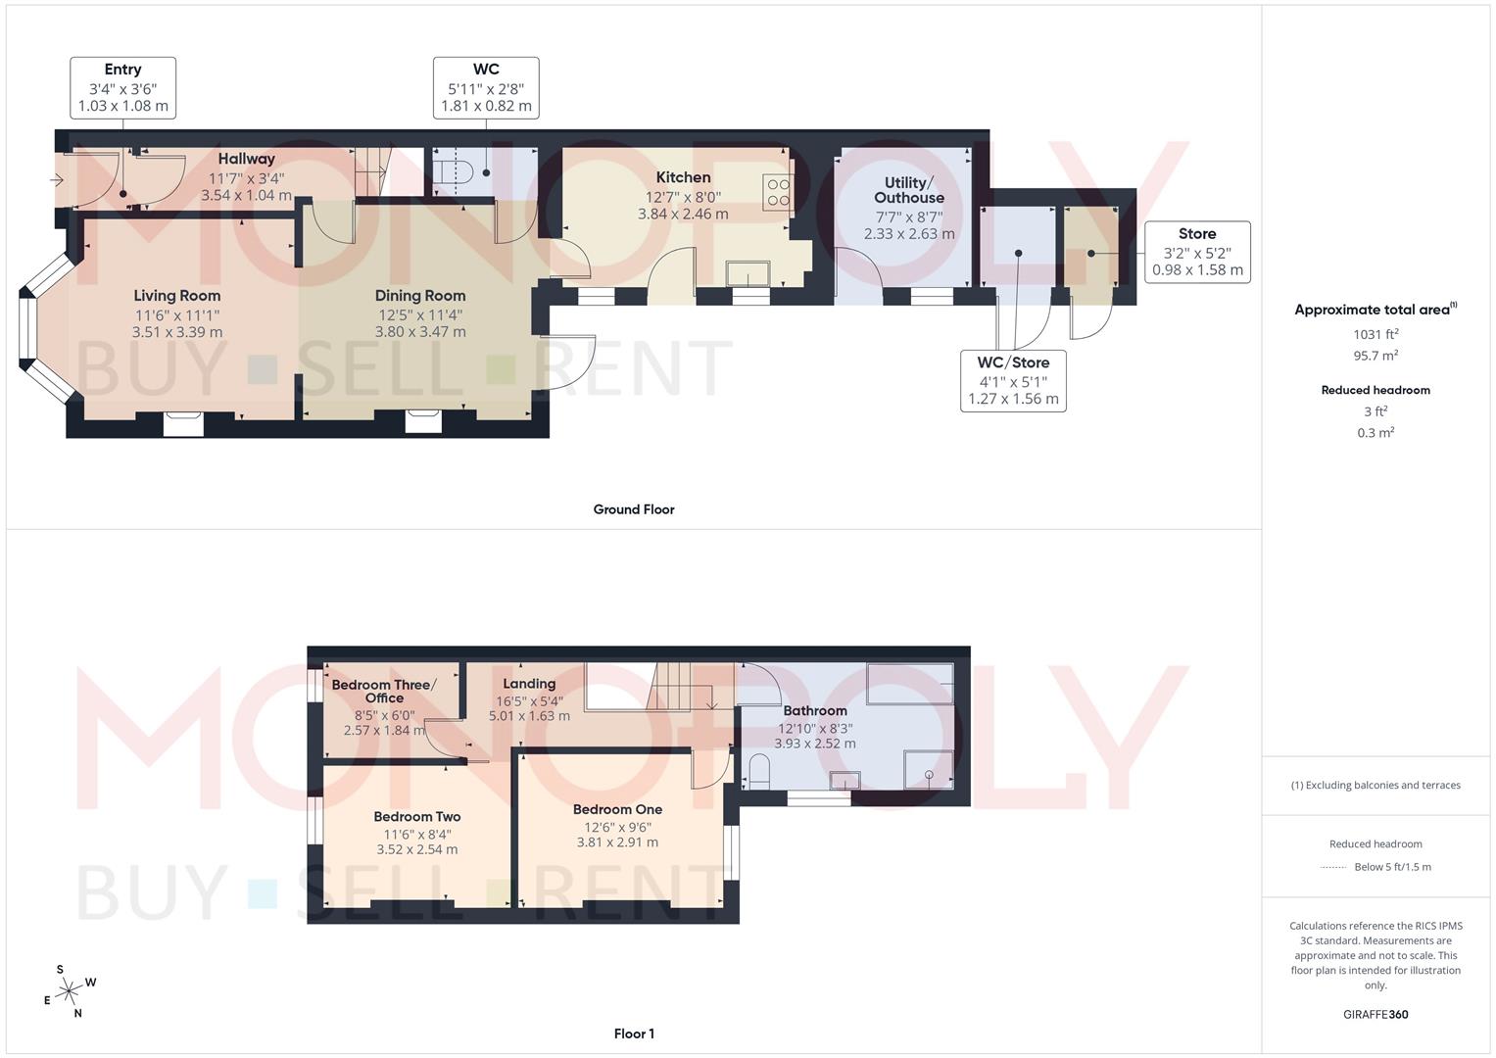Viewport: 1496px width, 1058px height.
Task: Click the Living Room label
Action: pyautogui.click(x=177, y=296)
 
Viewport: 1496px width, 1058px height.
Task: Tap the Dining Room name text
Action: pyautogui.click(x=420, y=296)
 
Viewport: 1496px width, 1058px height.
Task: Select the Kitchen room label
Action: pyautogui.click(x=683, y=177)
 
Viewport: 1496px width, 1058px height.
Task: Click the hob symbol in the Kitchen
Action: pyautogui.click(x=778, y=192)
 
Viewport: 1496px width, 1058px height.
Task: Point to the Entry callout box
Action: pyautogui.click(x=123, y=88)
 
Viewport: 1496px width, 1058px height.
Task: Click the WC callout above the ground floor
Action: pyautogui.click(x=486, y=88)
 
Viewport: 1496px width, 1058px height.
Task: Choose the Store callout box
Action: pyautogui.click(x=1197, y=252)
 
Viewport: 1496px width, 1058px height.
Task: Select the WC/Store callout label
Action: pyautogui.click(x=1013, y=380)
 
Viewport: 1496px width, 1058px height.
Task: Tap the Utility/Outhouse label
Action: pyautogui.click(x=909, y=190)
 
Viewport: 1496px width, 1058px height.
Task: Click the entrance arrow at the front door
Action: pyautogui.click(x=57, y=180)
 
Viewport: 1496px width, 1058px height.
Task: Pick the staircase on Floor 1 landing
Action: pyautogui.click(x=679, y=686)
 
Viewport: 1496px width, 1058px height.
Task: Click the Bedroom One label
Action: pyautogui.click(x=617, y=809)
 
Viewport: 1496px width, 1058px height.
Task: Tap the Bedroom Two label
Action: pyautogui.click(x=416, y=816)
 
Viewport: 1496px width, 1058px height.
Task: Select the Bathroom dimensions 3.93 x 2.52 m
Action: pyautogui.click(x=815, y=744)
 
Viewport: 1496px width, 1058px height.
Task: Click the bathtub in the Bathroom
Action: pyautogui.click(x=910, y=683)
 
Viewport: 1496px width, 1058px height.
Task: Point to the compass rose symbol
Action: pyautogui.click(x=69, y=992)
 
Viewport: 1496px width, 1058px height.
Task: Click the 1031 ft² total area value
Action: pyautogui.click(x=1375, y=334)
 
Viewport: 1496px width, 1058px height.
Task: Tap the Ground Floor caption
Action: pyautogui.click(x=634, y=509)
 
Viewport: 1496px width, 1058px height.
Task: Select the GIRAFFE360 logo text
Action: pyautogui.click(x=1375, y=1015)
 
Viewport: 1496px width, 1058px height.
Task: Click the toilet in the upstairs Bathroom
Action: pyautogui.click(x=759, y=771)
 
